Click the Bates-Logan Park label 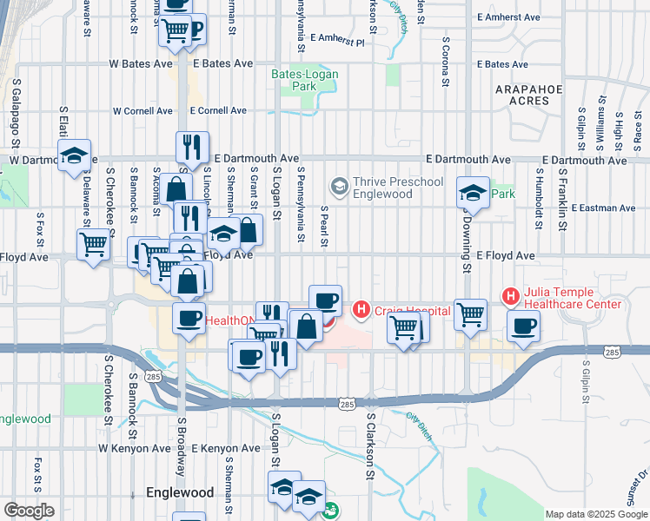click(x=303, y=80)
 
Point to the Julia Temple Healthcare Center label click(x=571, y=298)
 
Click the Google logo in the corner click(x=29, y=510)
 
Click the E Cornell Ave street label click(x=218, y=111)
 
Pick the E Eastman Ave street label click(x=605, y=208)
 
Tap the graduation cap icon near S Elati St click(x=75, y=156)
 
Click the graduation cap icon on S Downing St click(x=473, y=193)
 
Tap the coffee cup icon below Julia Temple click(x=523, y=326)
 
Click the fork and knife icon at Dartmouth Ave click(x=192, y=147)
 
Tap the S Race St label click(x=638, y=127)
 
